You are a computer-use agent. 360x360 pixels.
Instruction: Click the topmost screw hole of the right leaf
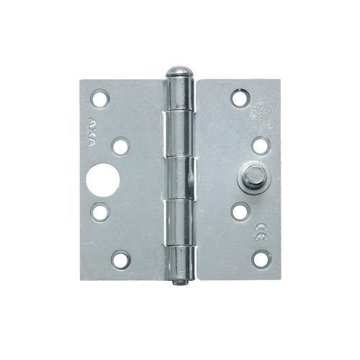(239, 97)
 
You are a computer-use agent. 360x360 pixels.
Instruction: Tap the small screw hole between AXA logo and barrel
(120, 147)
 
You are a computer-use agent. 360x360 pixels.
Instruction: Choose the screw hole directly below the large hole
(100, 212)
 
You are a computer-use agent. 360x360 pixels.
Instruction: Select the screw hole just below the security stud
(239, 211)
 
